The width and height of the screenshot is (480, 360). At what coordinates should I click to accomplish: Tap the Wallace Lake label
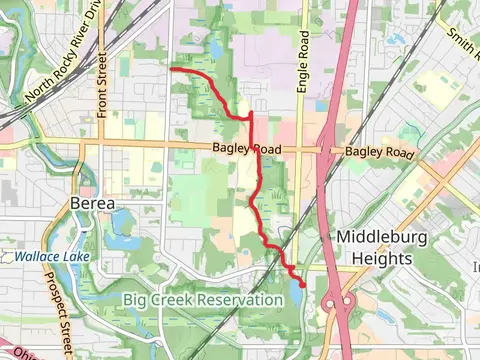pyautogui.click(x=51, y=257)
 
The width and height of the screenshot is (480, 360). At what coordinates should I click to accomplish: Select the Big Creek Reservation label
pyautogui.click(x=203, y=300)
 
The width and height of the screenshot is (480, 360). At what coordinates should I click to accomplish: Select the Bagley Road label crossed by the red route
pyautogui.click(x=246, y=150)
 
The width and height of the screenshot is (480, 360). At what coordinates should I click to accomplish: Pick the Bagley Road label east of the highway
pyautogui.click(x=379, y=152)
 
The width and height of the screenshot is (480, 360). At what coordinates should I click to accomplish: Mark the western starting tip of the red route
pyautogui.click(x=172, y=69)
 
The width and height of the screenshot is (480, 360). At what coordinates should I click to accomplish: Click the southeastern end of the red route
pyautogui.click(x=302, y=285)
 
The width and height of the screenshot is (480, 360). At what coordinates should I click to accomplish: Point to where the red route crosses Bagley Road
pyautogui.click(x=259, y=150)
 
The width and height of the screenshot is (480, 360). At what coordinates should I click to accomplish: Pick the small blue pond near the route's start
pyautogui.click(x=216, y=49)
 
